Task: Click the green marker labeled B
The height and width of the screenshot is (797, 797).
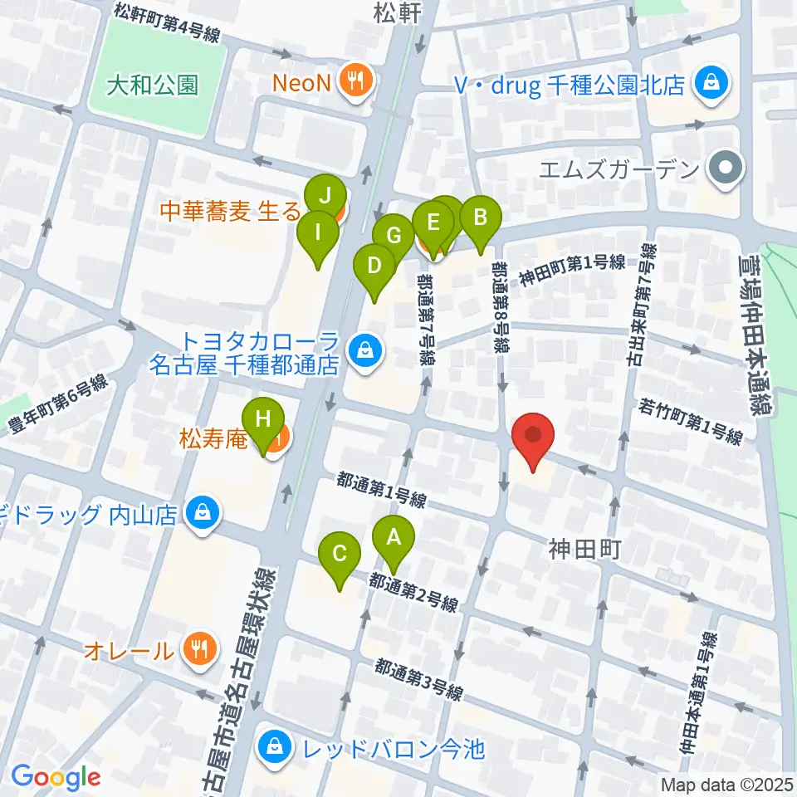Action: (479, 220)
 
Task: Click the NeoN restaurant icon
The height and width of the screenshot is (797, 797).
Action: (359, 81)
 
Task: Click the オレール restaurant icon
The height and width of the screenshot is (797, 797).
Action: (198, 648)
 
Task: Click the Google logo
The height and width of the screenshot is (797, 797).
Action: (56, 778)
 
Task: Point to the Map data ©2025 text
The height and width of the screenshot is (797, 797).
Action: (727, 784)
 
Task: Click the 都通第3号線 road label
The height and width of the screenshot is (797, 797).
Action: (417, 680)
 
